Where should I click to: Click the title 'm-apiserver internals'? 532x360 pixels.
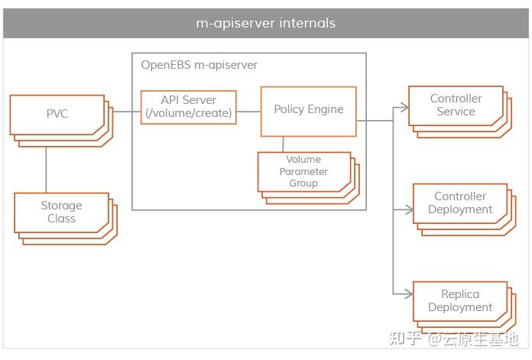pos(265,23)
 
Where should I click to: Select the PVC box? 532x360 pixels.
pos(57,114)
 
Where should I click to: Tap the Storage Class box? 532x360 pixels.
pos(61,212)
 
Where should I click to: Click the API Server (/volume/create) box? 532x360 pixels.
pos(188,108)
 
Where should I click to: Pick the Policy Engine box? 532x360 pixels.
pos(308,109)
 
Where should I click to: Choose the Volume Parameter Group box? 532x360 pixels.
pos(303,172)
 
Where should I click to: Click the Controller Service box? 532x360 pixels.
pos(456,105)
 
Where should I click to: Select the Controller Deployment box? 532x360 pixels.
pos(459,203)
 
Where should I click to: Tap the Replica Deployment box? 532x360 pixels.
pos(459,300)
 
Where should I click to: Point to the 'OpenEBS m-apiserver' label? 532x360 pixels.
pos(199,65)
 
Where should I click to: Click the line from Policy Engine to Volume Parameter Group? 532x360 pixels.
pos(284,144)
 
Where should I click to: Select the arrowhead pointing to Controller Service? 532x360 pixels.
pos(404,109)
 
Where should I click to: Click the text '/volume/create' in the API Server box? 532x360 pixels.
pos(188,114)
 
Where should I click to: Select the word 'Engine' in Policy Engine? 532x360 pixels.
pos(326,109)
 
